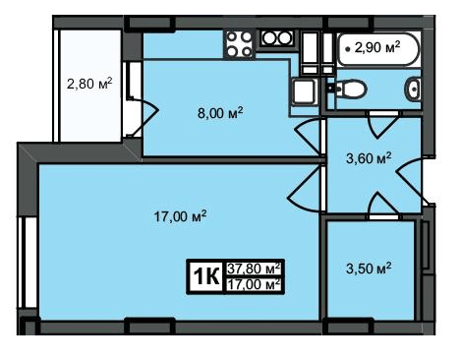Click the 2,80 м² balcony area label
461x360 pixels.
pyautogui.click(x=89, y=84)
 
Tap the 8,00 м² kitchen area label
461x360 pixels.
pyautogui.click(x=220, y=113)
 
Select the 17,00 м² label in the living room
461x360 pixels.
pyautogui.click(x=180, y=216)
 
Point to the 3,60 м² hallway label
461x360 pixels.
pyautogui.click(x=369, y=158)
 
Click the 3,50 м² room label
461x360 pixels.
pyautogui.click(x=369, y=269)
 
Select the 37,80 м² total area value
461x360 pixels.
pyautogui.click(x=255, y=269)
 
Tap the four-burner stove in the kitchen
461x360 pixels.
pyautogui.click(x=239, y=44)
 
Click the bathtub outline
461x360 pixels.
pyautogui.click(x=378, y=49)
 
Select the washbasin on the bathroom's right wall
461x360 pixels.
pyautogui.click(x=414, y=89)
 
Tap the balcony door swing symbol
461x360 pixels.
pyautogui.click(x=144, y=116)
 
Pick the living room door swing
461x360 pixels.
pyautogui.click(x=304, y=189)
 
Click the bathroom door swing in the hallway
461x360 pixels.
pyautogui.click(x=381, y=125)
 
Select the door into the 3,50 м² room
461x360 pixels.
pyautogui.click(x=382, y=205)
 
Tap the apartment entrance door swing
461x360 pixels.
pyautogui.click(x=410, y=180)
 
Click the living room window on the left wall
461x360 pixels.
pyautogui.click(x=29, y=263)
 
